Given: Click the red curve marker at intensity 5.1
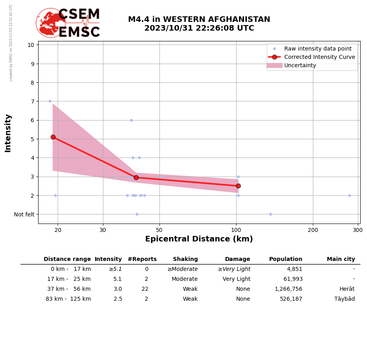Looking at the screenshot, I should [53, 137].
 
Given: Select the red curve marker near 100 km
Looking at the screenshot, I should [238, 186].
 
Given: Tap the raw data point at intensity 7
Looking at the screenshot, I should [50, 101].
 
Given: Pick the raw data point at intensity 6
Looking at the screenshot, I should [131, 120].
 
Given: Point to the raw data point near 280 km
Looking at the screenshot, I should [350, 195].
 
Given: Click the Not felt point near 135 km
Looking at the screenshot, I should [270, 214].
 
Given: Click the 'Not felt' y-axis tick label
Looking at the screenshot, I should [24, 214].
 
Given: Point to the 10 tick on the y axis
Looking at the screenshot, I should [31, 45].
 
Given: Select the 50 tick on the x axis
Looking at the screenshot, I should [159, 230].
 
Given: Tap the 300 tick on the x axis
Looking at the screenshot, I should [357, 230].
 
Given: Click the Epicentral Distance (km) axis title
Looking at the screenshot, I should [199, 239].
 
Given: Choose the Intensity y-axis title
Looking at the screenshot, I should [8, 133].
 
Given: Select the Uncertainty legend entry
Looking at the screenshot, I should [300, 66].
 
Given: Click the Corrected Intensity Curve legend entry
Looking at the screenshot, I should [319, 57].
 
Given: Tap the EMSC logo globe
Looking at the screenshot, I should [50, 23].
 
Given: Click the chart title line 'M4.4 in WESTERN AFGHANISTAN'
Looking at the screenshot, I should [199, 19].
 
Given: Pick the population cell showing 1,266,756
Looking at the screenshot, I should [288, 289].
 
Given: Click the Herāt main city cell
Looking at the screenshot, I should [347, 289].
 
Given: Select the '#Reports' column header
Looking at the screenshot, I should [142, 259].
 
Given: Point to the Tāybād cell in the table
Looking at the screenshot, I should [344, 299].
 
